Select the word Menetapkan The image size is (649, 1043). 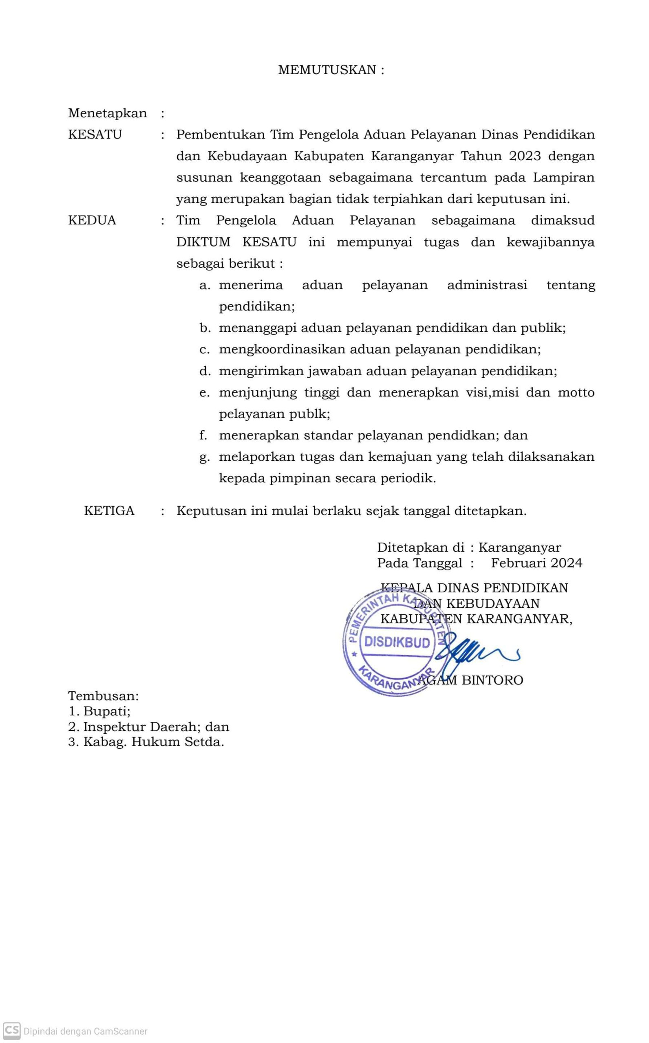click(x=107, y=114)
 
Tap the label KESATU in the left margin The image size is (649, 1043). click(x=95, y=135)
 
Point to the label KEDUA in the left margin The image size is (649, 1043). click(x=92, y=221)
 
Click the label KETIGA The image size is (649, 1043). click(x=109, y=511)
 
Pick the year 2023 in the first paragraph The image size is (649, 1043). click(x=525, y=156)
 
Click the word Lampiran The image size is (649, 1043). click(x=563, y=178)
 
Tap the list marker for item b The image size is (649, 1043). click(x=205, y=328)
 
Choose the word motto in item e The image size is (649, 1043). click(x=576, y=393)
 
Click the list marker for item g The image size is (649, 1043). click(x=204, y=458)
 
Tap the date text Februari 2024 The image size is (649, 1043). click(x=536, y=563)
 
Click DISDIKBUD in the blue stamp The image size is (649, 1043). click(x=397, y=643)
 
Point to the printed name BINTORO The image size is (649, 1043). click(x=492, y=681)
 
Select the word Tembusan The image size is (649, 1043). click(x=104, y=695)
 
